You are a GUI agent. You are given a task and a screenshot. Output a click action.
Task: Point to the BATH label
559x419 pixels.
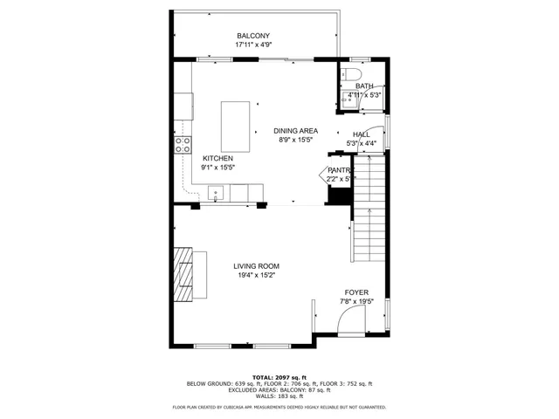coord(364,86)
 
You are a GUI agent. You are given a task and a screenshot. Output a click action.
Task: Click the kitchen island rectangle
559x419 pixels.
coord(236,127)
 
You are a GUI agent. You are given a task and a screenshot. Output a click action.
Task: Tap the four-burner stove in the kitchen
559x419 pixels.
coord(183,145)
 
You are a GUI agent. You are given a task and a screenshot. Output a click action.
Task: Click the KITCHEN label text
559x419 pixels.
coord(217,158)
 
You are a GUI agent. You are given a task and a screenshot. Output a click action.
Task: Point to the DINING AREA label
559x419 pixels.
coord(296,130)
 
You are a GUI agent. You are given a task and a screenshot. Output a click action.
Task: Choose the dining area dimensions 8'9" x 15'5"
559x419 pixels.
coord(296,139)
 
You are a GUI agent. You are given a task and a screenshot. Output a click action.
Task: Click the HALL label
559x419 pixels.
coord(361,134)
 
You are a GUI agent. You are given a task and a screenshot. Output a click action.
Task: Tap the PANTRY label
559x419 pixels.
coord(339,170)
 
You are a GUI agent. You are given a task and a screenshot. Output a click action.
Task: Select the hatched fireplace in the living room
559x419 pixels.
coord(183,273)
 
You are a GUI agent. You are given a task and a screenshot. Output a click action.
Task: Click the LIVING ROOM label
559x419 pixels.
coord(256,266)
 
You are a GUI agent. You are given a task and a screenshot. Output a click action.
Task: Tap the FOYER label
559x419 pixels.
coord(355,292)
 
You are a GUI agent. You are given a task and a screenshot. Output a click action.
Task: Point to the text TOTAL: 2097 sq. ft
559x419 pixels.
coord(279,376)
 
